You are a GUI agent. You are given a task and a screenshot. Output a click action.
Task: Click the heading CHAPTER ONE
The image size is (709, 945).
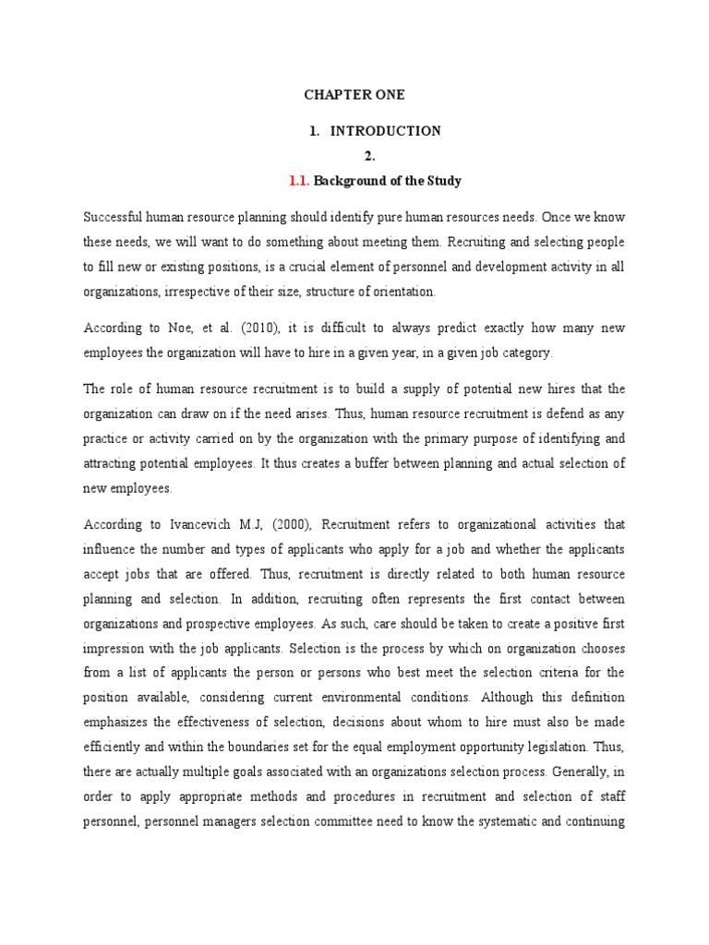click(354, 95)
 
